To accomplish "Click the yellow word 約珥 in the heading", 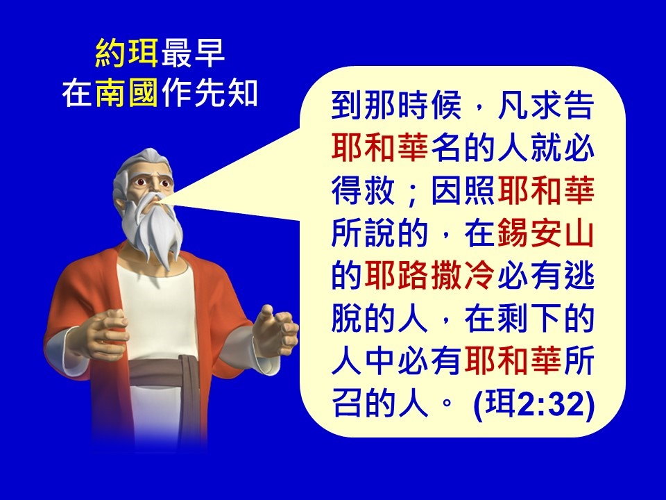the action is pos(126,53).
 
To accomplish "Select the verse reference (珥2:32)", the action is pos(533,403).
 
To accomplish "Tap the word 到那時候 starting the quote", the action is pos(396,105).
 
